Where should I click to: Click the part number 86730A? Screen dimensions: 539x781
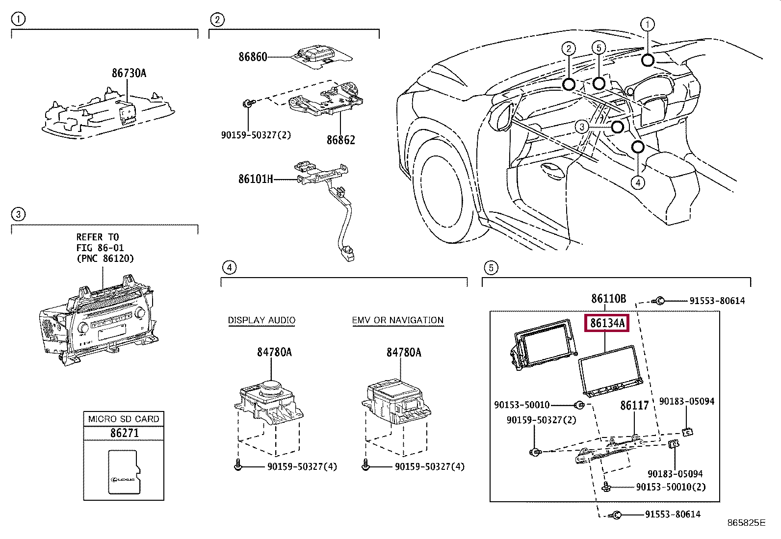point(129,73)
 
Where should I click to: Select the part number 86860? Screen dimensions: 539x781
point(253,57)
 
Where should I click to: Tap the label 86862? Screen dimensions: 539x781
point(340,140)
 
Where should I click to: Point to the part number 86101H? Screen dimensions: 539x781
point(255,179)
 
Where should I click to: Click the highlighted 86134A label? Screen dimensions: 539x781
point(607,323)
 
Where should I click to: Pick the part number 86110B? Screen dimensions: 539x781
point(608,298)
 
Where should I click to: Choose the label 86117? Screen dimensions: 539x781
point(634,406)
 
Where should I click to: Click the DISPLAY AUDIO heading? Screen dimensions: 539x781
point(261,320)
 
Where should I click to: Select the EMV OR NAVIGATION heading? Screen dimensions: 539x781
point(397,320)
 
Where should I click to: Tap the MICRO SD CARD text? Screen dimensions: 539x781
point(124,419)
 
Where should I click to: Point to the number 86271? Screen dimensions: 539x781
point(124,433)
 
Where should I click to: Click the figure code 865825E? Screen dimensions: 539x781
point(746,523)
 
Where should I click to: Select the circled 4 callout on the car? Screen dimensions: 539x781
point(637,183)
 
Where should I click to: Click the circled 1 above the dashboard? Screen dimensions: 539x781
point(647,24)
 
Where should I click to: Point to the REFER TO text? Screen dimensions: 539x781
point(98,237)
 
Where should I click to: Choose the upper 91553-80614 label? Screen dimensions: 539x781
point(717,301)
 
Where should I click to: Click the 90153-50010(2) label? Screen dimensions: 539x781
point(671,487)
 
